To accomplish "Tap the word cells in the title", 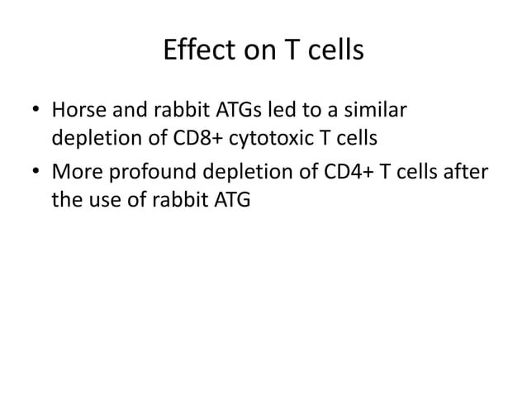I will click(333, 52).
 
